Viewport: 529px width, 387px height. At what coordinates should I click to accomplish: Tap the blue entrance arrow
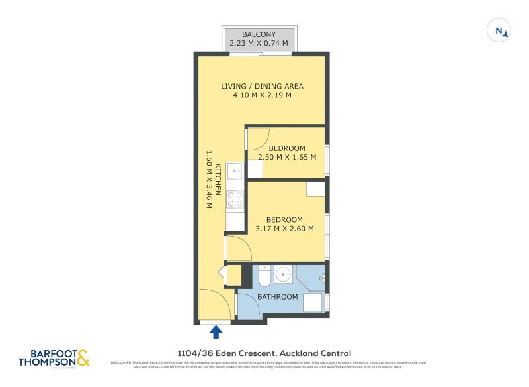216,331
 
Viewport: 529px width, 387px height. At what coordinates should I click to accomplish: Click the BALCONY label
259,34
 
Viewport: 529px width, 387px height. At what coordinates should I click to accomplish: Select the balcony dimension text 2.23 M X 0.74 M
259,44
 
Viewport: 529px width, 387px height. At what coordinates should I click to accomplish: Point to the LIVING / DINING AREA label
262,86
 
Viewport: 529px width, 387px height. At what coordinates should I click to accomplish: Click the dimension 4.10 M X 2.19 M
262,95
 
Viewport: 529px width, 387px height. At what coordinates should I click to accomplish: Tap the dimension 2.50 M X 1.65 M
286,157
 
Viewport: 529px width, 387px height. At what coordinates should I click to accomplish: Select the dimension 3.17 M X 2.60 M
284,229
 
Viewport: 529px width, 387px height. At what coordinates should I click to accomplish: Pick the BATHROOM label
277,296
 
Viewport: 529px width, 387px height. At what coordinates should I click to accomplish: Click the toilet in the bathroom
264,276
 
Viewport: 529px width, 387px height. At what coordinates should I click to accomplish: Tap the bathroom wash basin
284,272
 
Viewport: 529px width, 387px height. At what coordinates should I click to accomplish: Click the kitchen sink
235,173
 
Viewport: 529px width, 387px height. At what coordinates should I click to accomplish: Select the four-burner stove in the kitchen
235,199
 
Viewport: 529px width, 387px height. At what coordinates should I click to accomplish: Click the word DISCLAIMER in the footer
122,363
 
